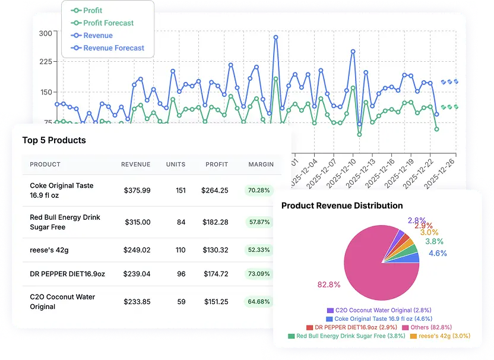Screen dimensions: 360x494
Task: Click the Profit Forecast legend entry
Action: coord(108,23)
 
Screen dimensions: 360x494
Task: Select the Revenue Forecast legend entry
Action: coord(113,48)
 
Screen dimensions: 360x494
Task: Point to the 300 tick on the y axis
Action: coord(45,33)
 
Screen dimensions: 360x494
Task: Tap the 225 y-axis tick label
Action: coord(45,61)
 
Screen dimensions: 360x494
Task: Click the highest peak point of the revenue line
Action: coord(276,37)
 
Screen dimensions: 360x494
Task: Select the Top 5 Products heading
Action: coord(54,140)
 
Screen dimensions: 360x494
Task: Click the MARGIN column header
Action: coord(261,165)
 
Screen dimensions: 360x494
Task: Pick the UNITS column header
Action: coord(176,165)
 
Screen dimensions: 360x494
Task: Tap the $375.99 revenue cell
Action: coord(137,191)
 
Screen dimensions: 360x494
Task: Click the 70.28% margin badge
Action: coord(259,191)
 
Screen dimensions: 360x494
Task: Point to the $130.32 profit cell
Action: coord(216,250)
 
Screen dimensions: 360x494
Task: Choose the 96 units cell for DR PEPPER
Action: coord(180,274)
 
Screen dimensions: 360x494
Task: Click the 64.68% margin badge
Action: coord(259,302)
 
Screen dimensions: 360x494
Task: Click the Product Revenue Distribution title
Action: coord(342,206)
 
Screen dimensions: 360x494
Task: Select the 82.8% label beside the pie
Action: coord(328,285)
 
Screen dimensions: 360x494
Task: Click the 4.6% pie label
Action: coord(438,253)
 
